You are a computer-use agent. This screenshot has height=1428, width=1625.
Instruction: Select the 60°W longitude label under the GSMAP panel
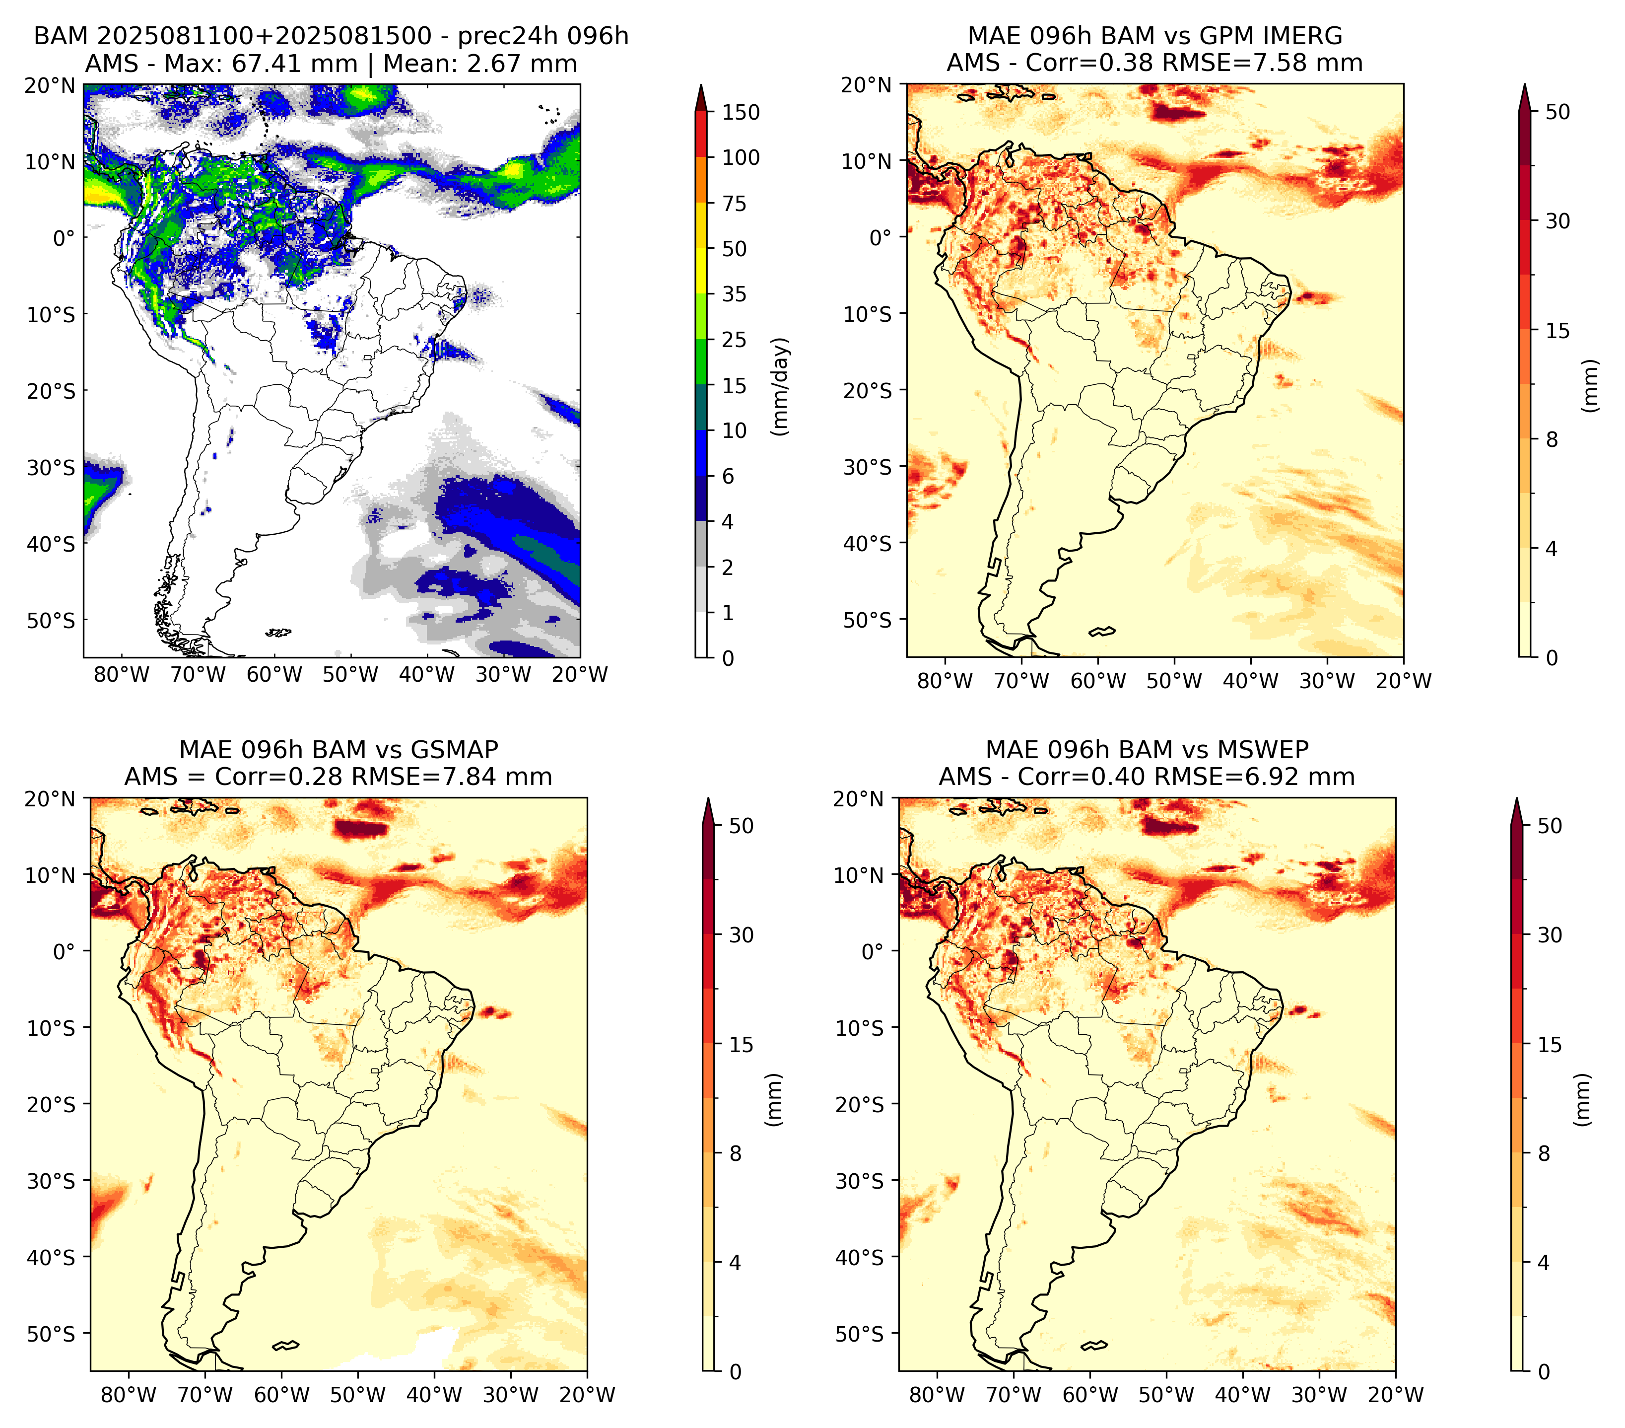[x=281, y=1395]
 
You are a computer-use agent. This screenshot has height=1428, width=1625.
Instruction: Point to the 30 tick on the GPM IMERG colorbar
[x=1557, y=221]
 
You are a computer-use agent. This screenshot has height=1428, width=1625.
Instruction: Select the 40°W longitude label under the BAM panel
[x=427, y=675]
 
